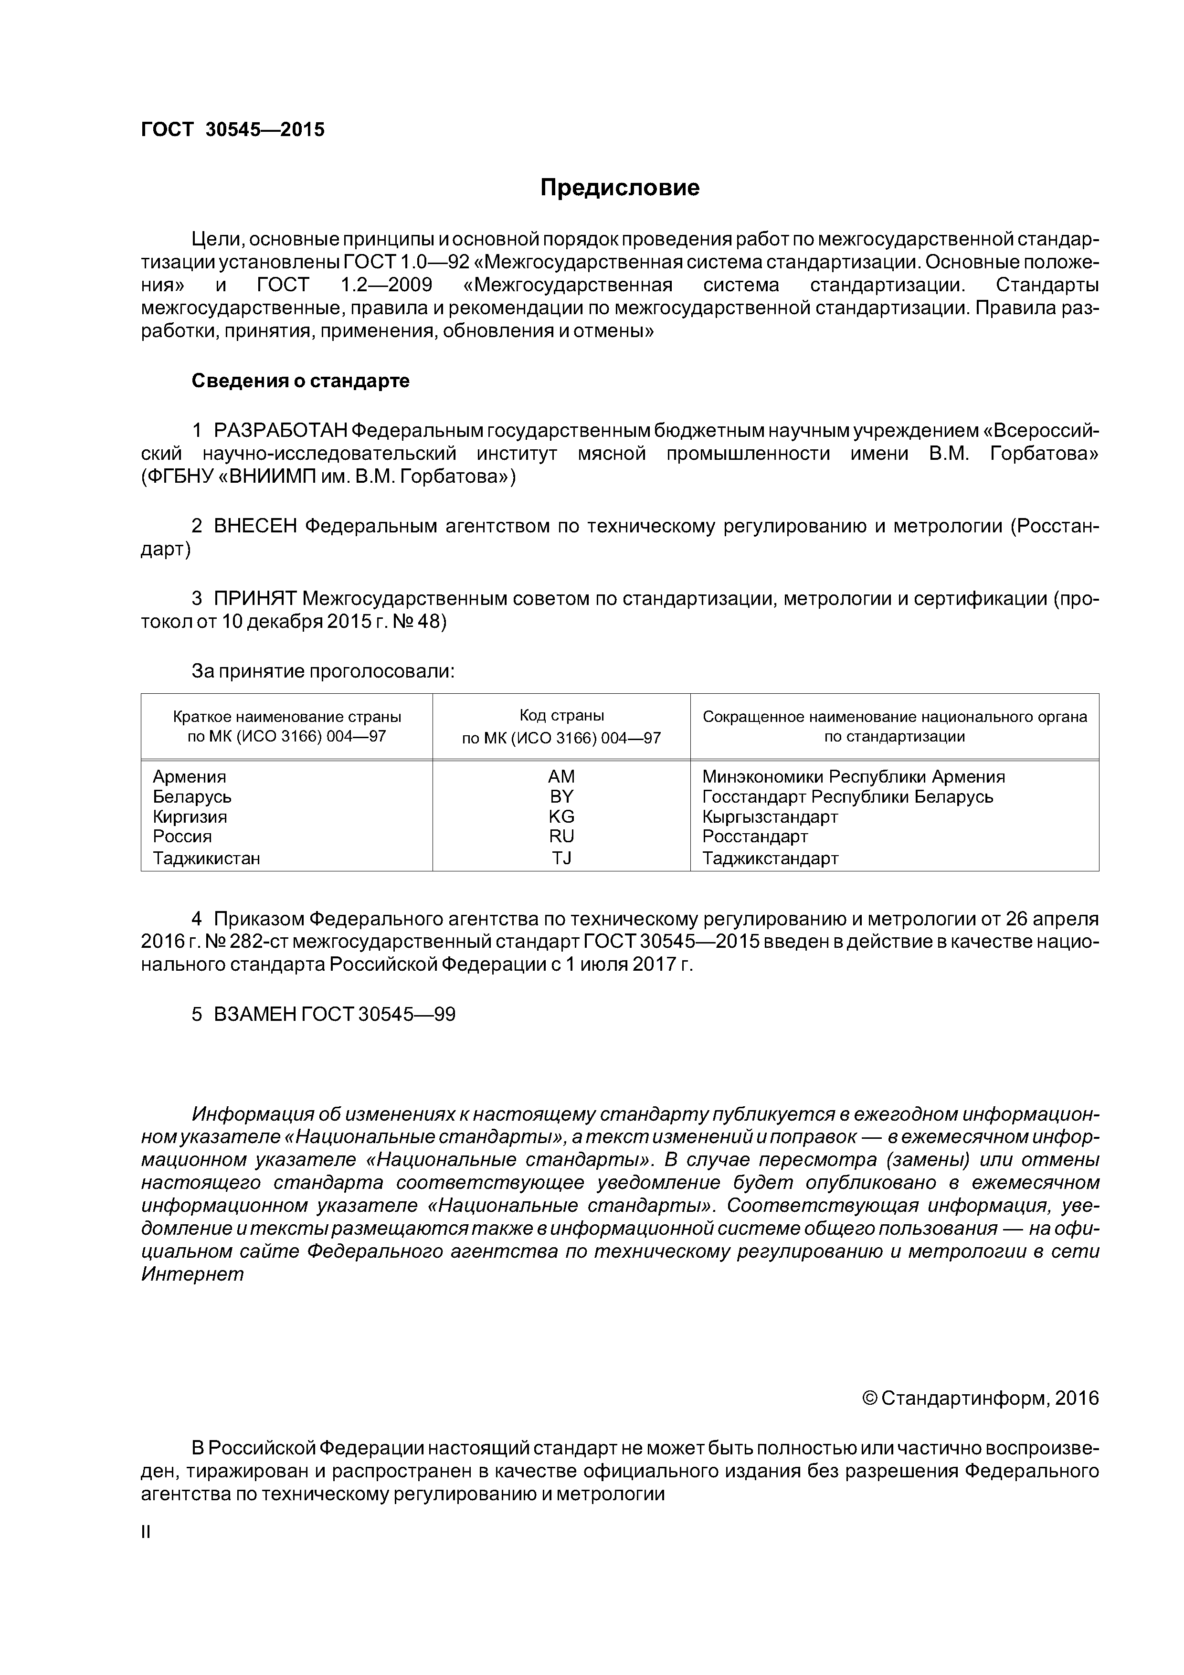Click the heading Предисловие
point(619,188)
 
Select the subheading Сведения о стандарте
point(301,381)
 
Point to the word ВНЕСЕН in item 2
point(255,526)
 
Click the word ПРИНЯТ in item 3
point(254,599)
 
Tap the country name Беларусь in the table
point(192,796)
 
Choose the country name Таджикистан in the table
point(206,858)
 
